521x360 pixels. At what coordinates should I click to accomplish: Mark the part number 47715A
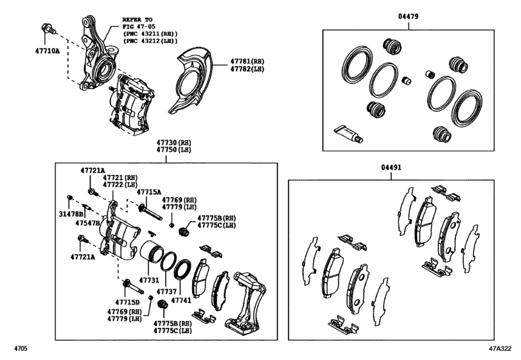tap(149, 192)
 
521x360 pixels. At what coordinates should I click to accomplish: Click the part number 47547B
tap(87, 223)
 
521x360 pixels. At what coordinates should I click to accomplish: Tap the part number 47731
tap(150, 280)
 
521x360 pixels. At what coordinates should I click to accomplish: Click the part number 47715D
tap(128, 301)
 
